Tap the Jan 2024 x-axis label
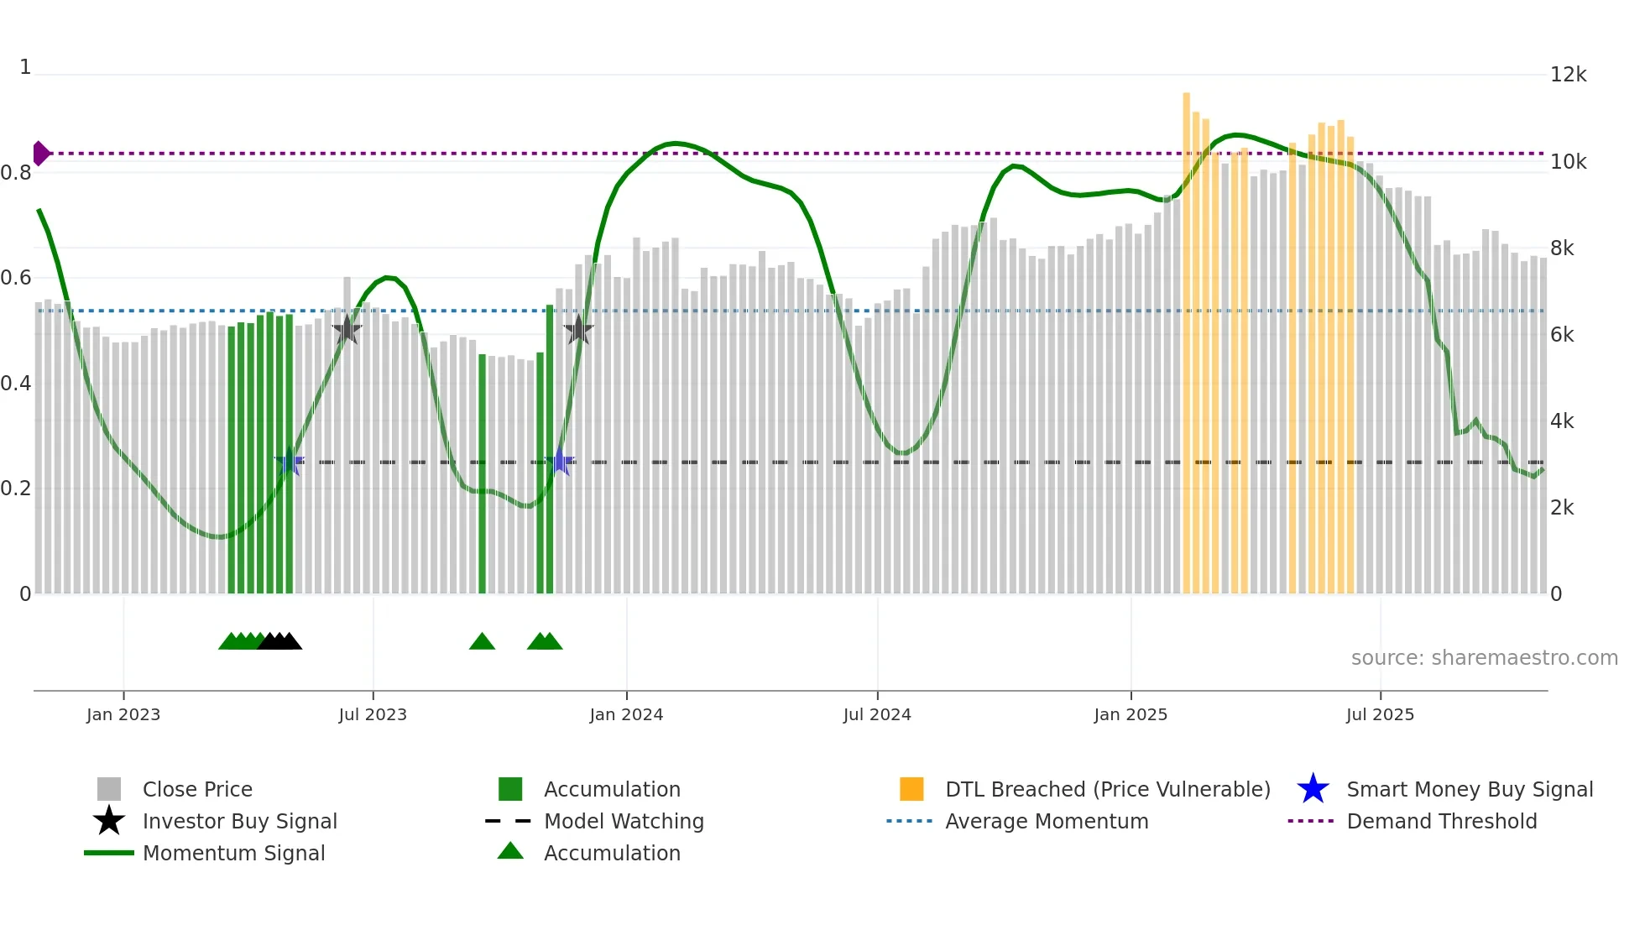pyautogui.click(x=626, y=714)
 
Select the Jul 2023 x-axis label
pyautogui.click(x=373, y=714)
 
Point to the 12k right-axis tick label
pyautogui.click(x=1567, y=75)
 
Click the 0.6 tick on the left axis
pyautogui.click(x=16, y=278)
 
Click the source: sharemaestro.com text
pyautogui.click(x=1484, y=657)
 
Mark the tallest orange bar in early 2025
pyautogui.click(x=1186, y=336)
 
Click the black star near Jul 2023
pyautogui.click(x=347, y=330)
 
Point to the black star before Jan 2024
pyautogui.click(x=577, y=330)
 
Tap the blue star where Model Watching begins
pyautogui.click(x=290, y=462)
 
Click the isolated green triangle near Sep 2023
pyautogui.click(x=482, y=642)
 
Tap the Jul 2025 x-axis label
pyautogui.click(x=1380, y=714)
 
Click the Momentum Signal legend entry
pyautogui.click(x=232, y=853)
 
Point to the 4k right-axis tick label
pyautogui.click(x=1561, y=421)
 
